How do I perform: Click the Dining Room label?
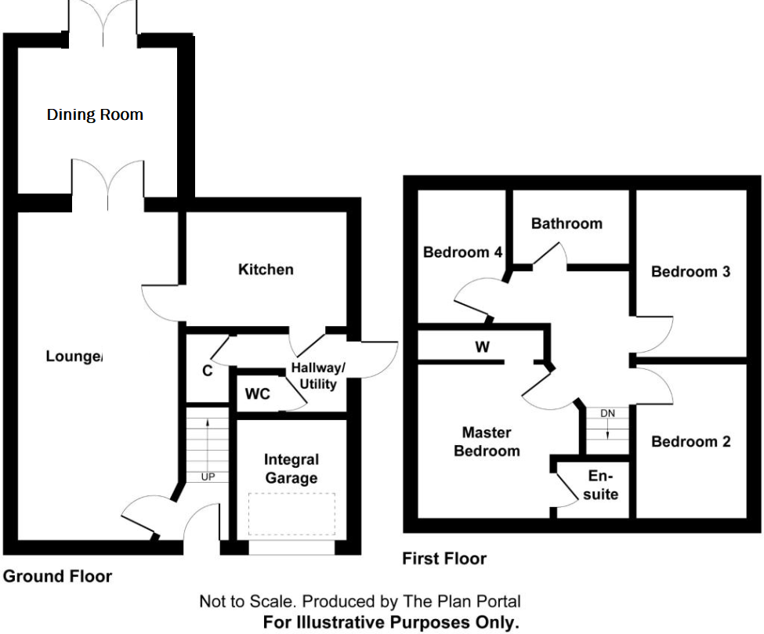click(x=95, y=114)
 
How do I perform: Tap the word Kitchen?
click(x=266, y=269)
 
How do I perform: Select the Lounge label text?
click(x=74, y=357)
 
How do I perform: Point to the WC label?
click(x=257, y=393)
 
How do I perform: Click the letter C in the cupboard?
click(x=208, y=371)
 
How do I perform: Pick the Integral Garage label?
click(x=291, y=469)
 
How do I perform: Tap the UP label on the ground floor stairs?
click(x=208, y=476)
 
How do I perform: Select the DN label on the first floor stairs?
click(x=607, y=413)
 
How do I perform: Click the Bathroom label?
click(x=567, y=223)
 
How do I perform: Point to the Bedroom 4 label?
click(x=462, y=252)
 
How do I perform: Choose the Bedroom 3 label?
click(x=690, y=272)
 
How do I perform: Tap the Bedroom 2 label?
click(x=690, y=442)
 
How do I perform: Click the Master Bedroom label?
click(x=487, y=441)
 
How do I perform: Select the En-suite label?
click(x=602, y=485)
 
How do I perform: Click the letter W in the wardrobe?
click(x=483, y=346)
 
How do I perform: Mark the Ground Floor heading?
click(x=57, y=577)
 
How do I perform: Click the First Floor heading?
click(x=444, y=559)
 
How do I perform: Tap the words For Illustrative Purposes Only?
click(x=391, y=623)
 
